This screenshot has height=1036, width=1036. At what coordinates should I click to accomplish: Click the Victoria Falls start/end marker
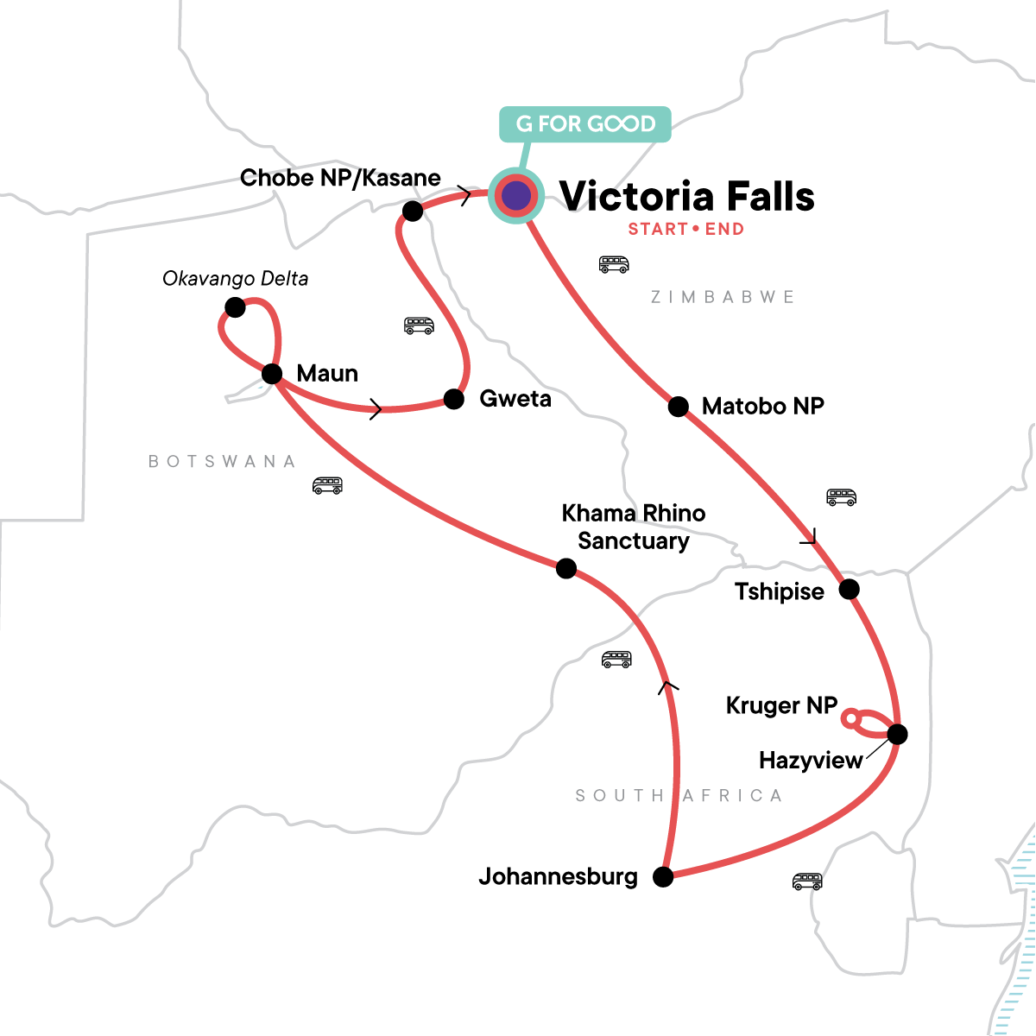(515, 196)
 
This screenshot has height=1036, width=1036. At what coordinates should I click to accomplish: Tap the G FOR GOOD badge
(585, 124)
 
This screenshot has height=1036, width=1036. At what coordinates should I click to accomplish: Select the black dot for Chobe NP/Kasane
(413, 210)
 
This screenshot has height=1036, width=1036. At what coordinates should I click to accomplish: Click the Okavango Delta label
(235, 279)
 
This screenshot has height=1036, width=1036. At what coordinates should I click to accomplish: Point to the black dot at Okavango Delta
(234, 306)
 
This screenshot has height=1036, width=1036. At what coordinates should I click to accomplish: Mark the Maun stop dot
(272, 374)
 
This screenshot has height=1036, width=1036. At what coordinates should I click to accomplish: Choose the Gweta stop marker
(453, 398)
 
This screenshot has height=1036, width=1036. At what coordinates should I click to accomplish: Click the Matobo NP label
(762, 406)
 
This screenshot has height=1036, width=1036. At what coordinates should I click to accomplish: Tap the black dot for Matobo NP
(679, 406)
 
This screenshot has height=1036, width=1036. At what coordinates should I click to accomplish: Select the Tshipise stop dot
(850, 590)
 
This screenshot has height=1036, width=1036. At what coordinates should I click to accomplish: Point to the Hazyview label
(811, 761)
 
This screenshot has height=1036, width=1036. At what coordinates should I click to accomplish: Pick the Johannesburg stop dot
(663, 877)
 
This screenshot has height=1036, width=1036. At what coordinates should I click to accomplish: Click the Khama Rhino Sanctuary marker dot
(566, 568)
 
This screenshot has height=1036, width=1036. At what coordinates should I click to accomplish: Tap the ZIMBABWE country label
(722, 297)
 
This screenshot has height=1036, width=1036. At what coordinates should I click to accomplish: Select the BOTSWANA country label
(222, 461)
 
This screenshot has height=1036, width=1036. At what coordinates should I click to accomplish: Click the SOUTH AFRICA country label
(679, 795)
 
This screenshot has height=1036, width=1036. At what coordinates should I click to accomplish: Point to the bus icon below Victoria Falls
(614, 264)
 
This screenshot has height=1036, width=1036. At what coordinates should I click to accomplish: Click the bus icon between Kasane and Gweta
(419, 325)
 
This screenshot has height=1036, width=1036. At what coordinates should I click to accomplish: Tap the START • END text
(685, 230)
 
